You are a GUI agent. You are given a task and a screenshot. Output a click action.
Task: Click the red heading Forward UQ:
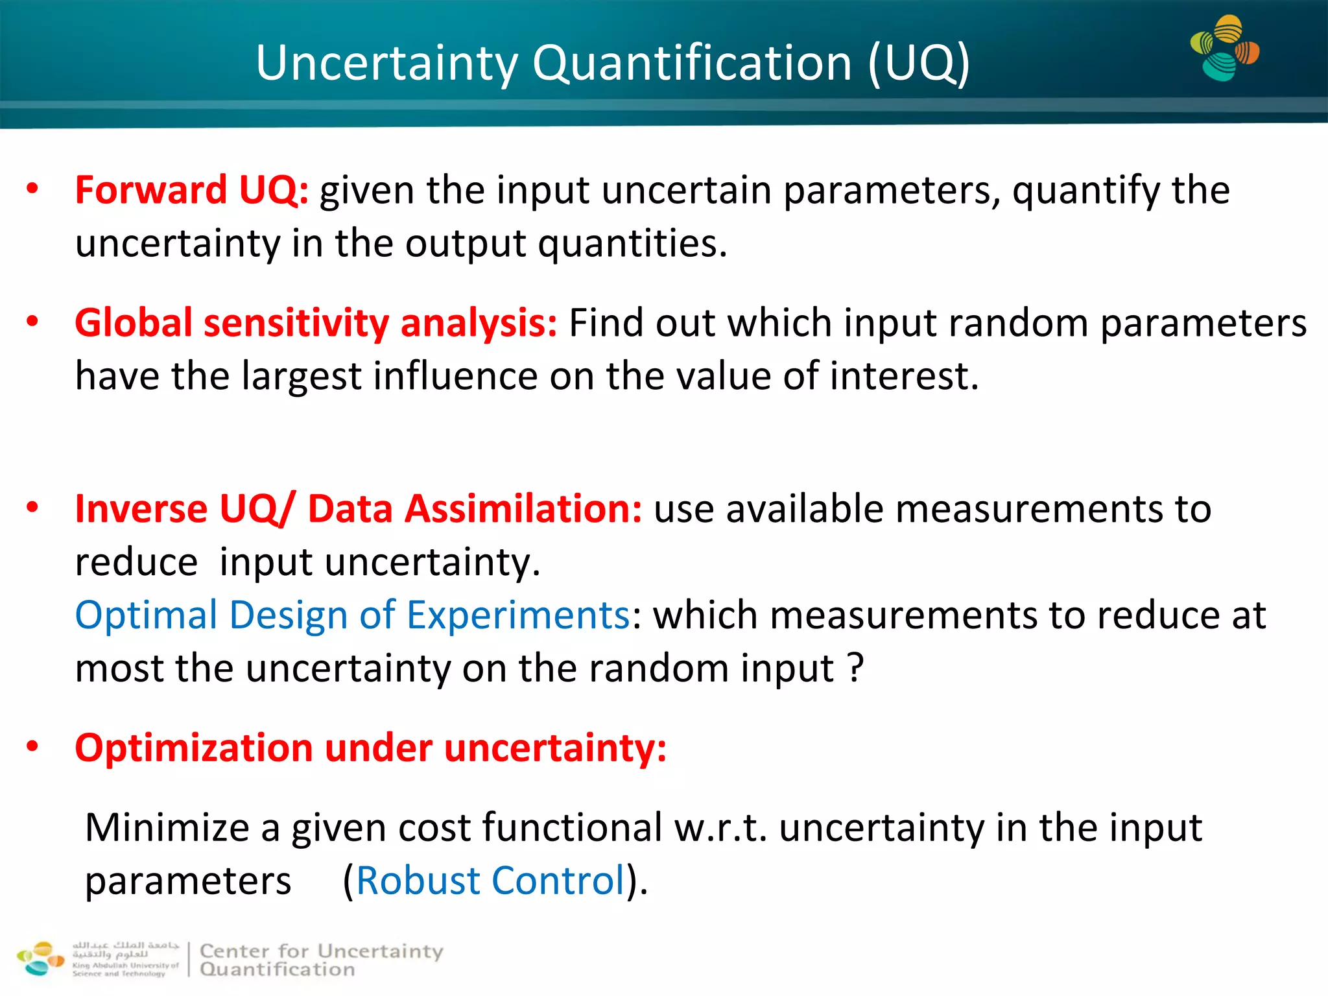(192, 191)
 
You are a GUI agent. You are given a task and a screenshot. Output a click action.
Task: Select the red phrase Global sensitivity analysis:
(316, 323)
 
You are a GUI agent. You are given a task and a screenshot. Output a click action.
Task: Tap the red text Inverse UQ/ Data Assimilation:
(358, 508)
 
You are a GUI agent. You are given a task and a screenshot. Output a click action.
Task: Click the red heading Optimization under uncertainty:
(370, 748)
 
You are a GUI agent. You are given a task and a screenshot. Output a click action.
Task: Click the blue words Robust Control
(491, 881)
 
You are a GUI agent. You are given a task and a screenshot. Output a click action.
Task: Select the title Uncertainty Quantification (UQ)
(612, 63)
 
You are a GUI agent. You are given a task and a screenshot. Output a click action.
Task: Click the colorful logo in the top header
(1224, 49)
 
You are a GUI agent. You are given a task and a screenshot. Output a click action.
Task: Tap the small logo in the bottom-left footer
(40, 958)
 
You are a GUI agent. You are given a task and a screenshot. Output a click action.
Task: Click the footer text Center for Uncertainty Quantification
(322, 960)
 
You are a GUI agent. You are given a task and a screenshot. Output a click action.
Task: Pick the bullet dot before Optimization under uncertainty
(32, 746)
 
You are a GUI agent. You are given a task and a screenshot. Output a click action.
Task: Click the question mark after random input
(856, 668)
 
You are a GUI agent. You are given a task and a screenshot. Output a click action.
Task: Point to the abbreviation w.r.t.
(720, 829)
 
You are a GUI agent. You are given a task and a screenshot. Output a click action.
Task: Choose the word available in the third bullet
(804, 508)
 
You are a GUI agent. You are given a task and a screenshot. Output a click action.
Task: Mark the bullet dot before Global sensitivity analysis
(32, 322)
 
